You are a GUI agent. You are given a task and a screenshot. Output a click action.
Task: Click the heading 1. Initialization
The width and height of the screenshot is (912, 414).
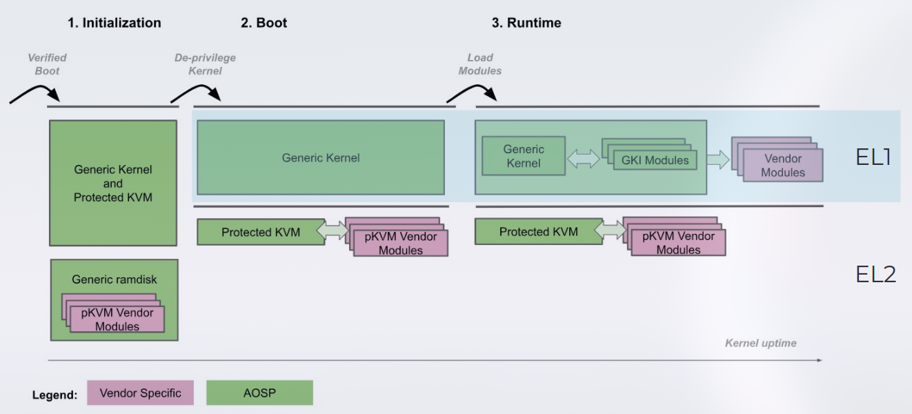114,23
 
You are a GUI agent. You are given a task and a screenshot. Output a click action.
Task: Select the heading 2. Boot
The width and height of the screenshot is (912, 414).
264,23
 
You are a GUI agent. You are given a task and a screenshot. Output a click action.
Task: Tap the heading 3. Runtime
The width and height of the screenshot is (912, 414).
526,23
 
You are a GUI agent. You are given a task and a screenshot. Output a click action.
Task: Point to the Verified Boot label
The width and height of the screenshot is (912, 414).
47,64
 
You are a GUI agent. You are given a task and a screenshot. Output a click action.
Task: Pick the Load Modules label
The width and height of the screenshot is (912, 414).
480,64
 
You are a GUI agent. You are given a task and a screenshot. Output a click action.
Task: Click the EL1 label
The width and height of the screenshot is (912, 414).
873,157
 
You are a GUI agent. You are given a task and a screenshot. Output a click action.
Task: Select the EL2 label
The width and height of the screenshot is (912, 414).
875,275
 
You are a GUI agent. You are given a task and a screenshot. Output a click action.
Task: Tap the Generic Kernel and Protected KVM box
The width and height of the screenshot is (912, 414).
113,183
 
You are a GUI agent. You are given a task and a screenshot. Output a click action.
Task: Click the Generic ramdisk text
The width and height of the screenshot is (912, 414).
115,279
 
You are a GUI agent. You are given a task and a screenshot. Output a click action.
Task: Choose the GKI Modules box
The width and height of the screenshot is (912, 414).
655,161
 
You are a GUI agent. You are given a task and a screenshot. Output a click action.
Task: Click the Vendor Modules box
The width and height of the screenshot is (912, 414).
783,166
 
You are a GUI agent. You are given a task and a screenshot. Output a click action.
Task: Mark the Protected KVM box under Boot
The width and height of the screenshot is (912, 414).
261,233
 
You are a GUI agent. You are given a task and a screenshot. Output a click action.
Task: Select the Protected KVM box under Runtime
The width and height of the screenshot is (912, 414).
538,232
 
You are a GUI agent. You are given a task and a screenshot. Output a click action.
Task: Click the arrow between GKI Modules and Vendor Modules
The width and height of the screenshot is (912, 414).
717,161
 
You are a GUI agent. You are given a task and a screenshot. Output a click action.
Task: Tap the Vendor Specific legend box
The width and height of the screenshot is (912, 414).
140,393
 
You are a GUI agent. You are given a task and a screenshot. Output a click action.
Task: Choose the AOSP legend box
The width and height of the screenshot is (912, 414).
259,393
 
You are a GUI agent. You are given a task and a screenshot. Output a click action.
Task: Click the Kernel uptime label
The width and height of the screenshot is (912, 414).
760,343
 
